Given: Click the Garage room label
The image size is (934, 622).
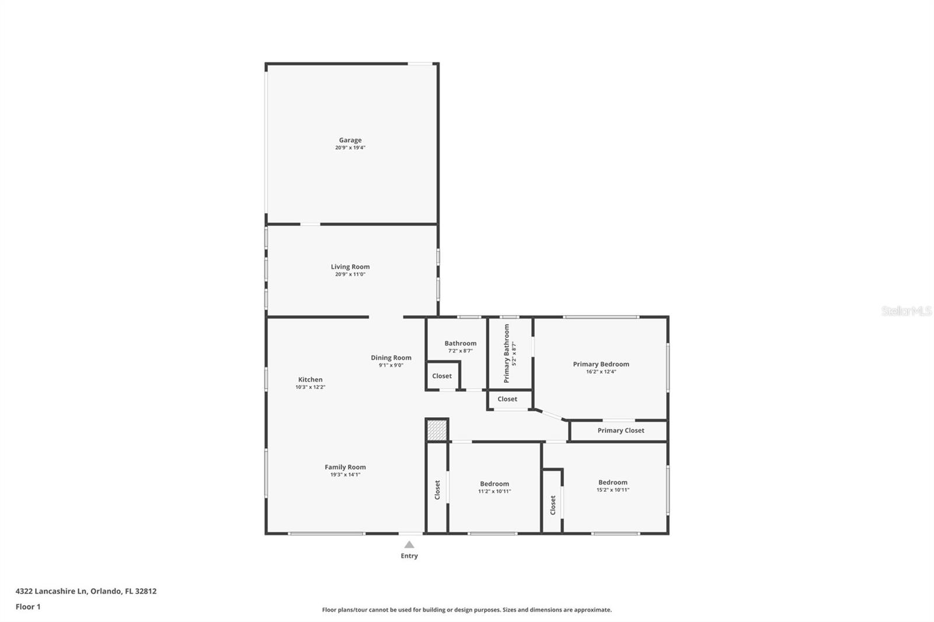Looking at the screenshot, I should (x=350, y=140).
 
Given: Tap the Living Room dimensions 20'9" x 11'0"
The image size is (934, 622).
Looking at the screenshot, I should (x=350, y=274).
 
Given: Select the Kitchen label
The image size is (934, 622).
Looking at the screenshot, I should (x=310, y=379).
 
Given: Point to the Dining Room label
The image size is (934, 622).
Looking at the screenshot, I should (x=391, y=358).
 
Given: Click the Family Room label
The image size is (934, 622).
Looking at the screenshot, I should (x=345, y=467).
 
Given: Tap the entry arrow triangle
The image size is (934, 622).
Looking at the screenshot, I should (x=409, y=544).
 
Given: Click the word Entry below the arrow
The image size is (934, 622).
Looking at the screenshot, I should (x=409, y=556).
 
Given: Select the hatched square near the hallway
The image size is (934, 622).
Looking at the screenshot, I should (x=437, y=431).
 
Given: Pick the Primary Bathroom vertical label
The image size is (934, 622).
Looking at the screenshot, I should (x=507, y=353).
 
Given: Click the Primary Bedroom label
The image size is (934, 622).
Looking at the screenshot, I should (x=601, y=364).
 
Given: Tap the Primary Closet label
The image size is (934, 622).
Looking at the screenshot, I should (x=621, y=431).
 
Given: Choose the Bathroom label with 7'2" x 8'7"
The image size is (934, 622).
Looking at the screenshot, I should (x=460, y=344).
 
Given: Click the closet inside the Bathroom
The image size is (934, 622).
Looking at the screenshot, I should (x=442, y=376).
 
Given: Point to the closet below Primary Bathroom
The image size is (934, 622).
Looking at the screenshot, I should (x=507, y=399).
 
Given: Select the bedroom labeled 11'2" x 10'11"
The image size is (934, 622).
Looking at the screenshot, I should (x=494, y=484).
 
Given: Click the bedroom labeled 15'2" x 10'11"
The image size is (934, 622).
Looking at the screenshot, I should (x=612, y=483).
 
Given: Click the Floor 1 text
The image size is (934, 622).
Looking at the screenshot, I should (x=28, y=607).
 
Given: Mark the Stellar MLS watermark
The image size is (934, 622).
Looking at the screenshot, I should (x=906, y=311).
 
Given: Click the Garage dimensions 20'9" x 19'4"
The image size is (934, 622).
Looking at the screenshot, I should (x=350, y=148).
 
